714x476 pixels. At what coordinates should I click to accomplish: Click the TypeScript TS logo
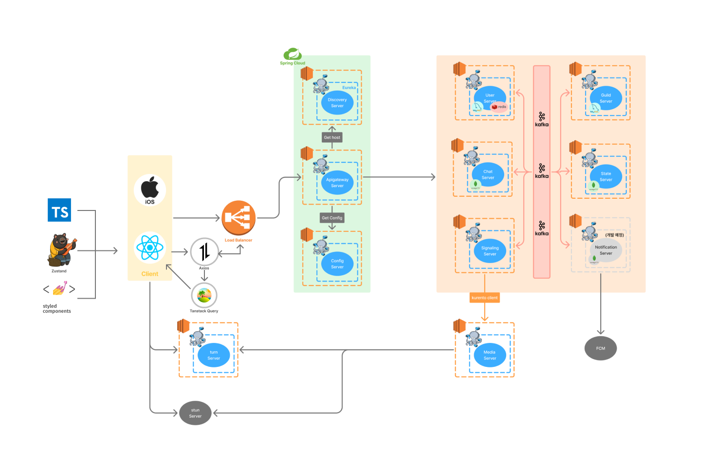[x=59, y=210]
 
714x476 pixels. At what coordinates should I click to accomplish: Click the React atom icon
[x=150, y=248]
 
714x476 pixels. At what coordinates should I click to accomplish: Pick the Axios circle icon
[x=204, y=251]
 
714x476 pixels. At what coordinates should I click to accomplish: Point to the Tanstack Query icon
[x=204, y=295]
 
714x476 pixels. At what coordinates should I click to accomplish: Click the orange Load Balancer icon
[x=238, y=218]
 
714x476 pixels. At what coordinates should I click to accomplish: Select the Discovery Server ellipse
[x=337, y=103]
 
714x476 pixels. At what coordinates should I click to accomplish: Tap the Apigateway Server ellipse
[x=337, y=183]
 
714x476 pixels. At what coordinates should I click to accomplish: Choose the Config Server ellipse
[x=337, y=264]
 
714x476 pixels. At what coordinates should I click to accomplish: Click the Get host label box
[x=332, y=137]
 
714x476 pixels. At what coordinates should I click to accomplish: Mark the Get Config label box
[x=332, y=218]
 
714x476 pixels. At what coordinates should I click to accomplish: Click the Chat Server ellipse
[x=488, y=174]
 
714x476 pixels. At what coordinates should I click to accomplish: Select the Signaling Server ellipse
[x=490, y=251]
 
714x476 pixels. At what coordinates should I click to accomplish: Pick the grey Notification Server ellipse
[x=605, y=250]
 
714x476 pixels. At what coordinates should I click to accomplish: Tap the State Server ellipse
[x=605, y=176]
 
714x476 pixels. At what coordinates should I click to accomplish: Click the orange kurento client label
[x=485, y=298]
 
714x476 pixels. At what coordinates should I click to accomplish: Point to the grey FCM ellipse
[x=601, y=348]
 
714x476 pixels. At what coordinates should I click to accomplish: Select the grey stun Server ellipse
[x=195, y=413]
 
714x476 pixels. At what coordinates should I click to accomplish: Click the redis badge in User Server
[x=499, y=107]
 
